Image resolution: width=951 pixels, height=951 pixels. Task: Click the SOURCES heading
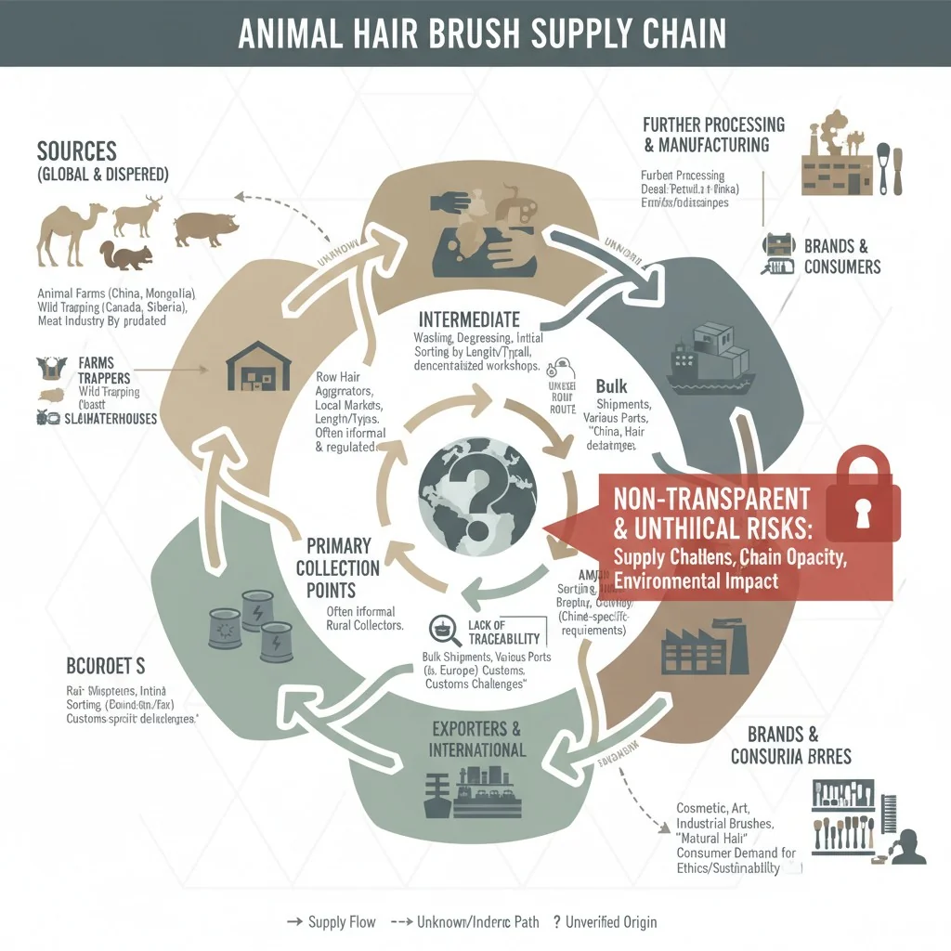point(76,150)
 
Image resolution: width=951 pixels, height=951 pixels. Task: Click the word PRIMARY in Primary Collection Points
point(338,545)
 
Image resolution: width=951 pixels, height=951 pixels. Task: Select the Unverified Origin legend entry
point(605,922)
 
